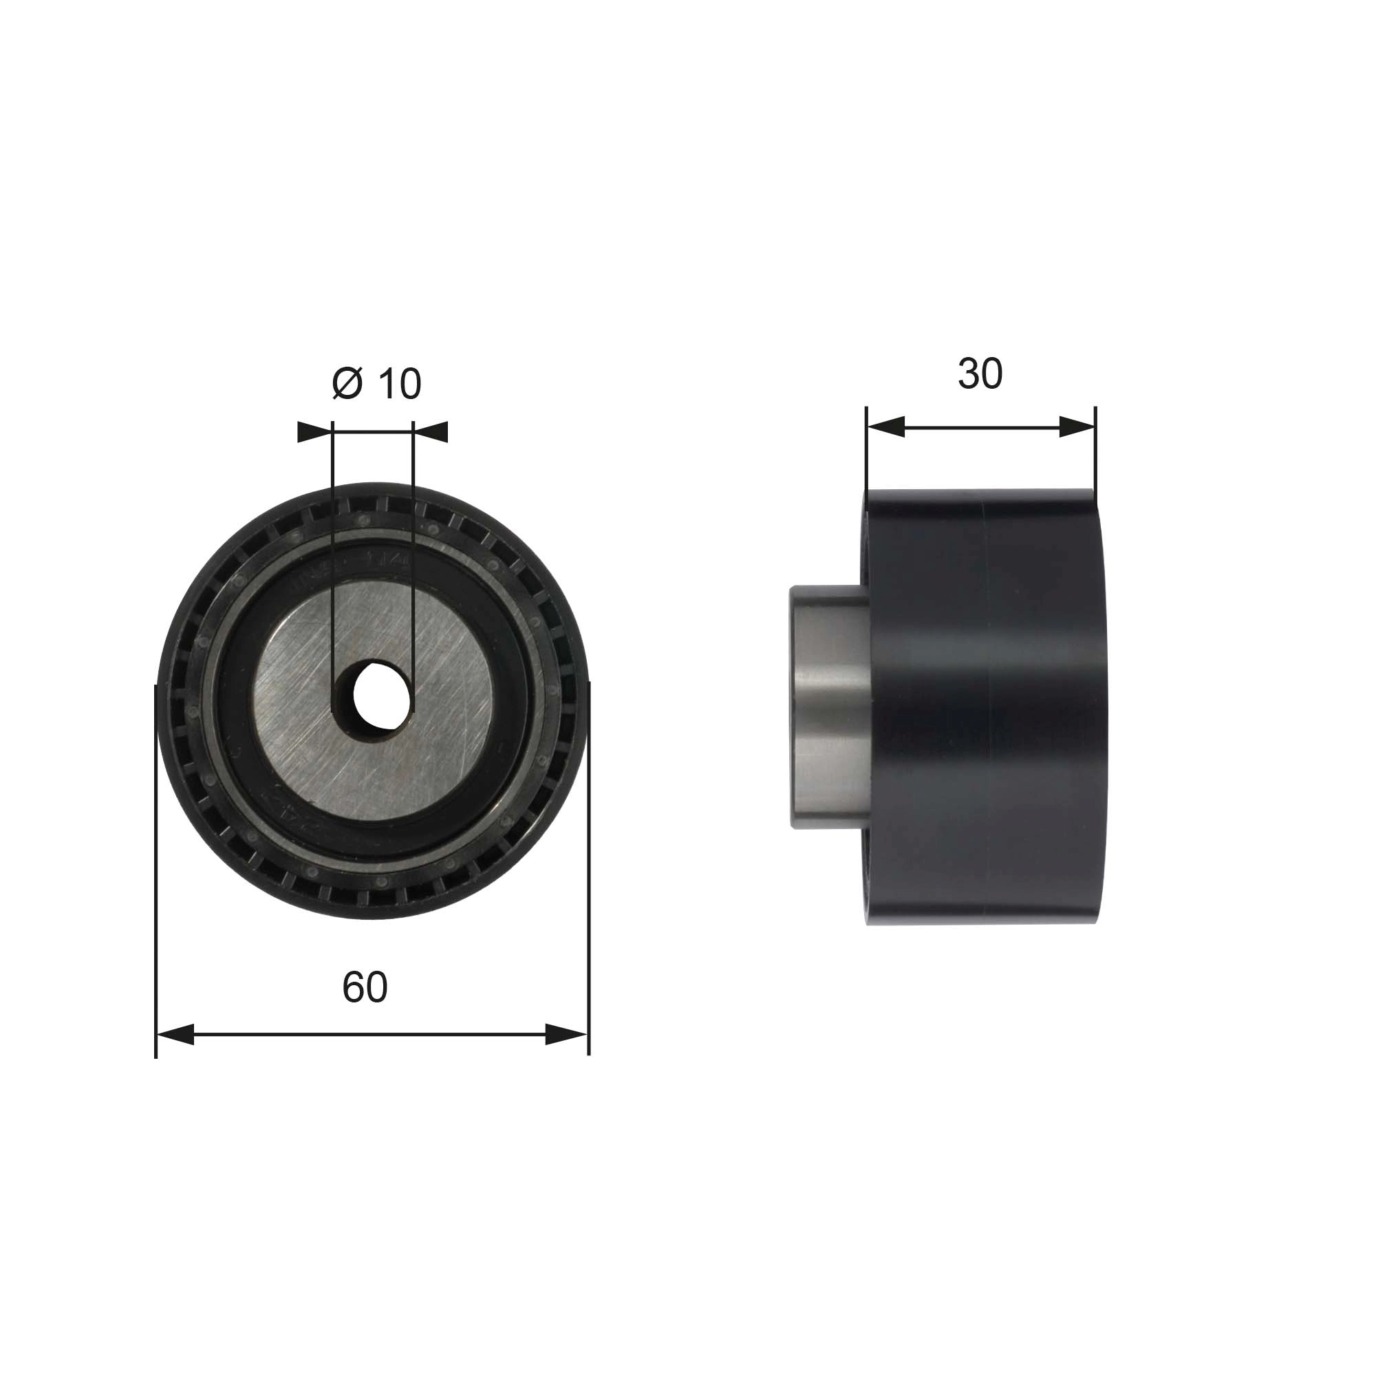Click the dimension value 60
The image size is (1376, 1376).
point(365,987)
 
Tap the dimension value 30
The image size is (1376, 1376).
point(980,374)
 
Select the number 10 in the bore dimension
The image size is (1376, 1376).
point(399,384)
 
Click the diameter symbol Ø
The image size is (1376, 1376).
point(347,384)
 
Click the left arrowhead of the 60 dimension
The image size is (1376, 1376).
point(175,1035)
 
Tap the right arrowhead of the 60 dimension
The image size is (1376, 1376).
point(567,1035)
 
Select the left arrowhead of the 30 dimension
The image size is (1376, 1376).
point(886,427)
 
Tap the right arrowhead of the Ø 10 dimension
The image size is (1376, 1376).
point(430,431)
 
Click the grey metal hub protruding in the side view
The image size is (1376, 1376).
point(830,706)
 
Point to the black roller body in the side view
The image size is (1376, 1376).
point(987,706)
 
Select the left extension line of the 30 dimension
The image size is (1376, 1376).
point(867,449)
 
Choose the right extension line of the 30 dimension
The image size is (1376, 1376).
point(1095,449)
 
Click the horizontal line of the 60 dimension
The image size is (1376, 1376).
point(370,1035)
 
